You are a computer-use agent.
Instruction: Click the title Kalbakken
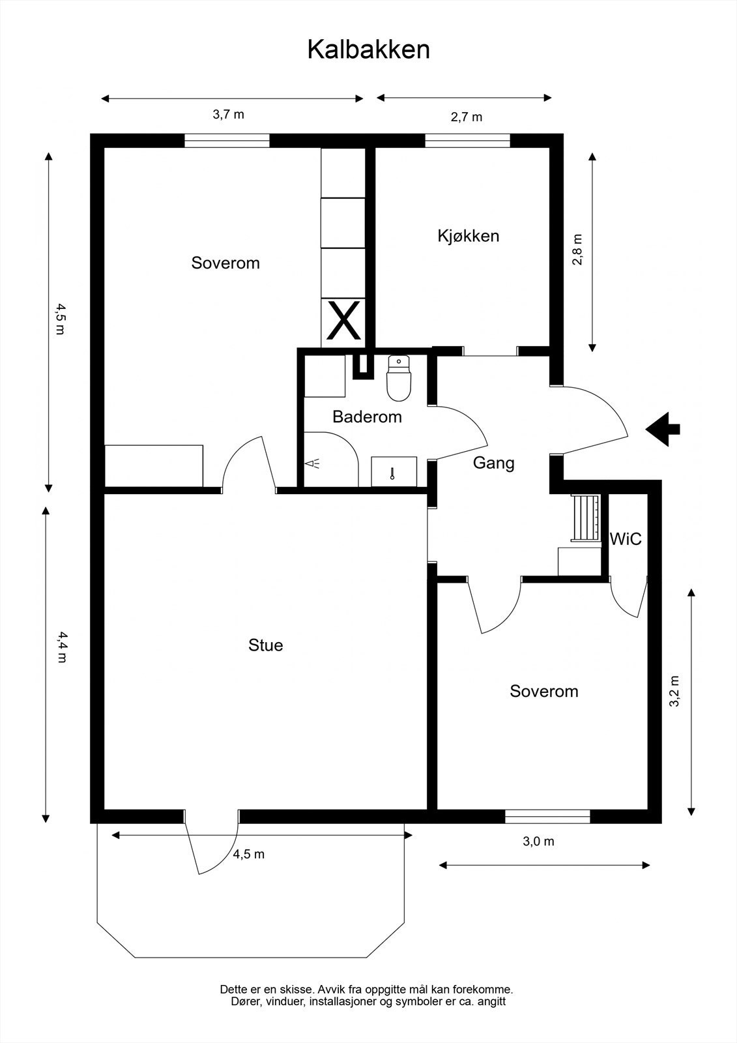pyautogui.click(x=368, y=50)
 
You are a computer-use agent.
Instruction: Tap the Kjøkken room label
pyautogui.click(x=468, y=235)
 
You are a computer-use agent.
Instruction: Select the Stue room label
pyautogui.click(x=265, y=645)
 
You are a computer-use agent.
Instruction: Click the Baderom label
pyautogui.click(x=367, y=417)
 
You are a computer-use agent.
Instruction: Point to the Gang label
pyautogui.click(x=493, y=463)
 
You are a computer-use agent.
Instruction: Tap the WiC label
pyautogui.click(x=625, y=539)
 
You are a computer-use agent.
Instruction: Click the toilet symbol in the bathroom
pyautogui.click(x=397, y=378)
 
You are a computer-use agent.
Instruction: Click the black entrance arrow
pyautogui.click(x=663, y=429)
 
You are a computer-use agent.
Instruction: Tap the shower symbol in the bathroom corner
pyautogui.click(x=313, y=463)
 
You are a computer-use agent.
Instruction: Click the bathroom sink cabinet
pyautogui.click(x=394, y=471)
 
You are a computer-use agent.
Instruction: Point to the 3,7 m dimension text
pyautogui.click(x=228, y=115)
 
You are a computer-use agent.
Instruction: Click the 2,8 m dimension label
pyautogui.click(x=577, y=250)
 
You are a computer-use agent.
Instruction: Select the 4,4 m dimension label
pyautogui.click(x=62, y=646)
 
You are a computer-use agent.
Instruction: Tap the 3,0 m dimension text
pyautogui.click(x=538, y=841)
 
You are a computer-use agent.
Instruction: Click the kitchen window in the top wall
pyautogui.click(x=467, y=140)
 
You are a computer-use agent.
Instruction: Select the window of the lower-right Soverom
pyautogui.click(x=547, y=815)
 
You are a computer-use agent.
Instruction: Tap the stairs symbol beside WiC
pyautogui.click(x=585, y=518)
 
